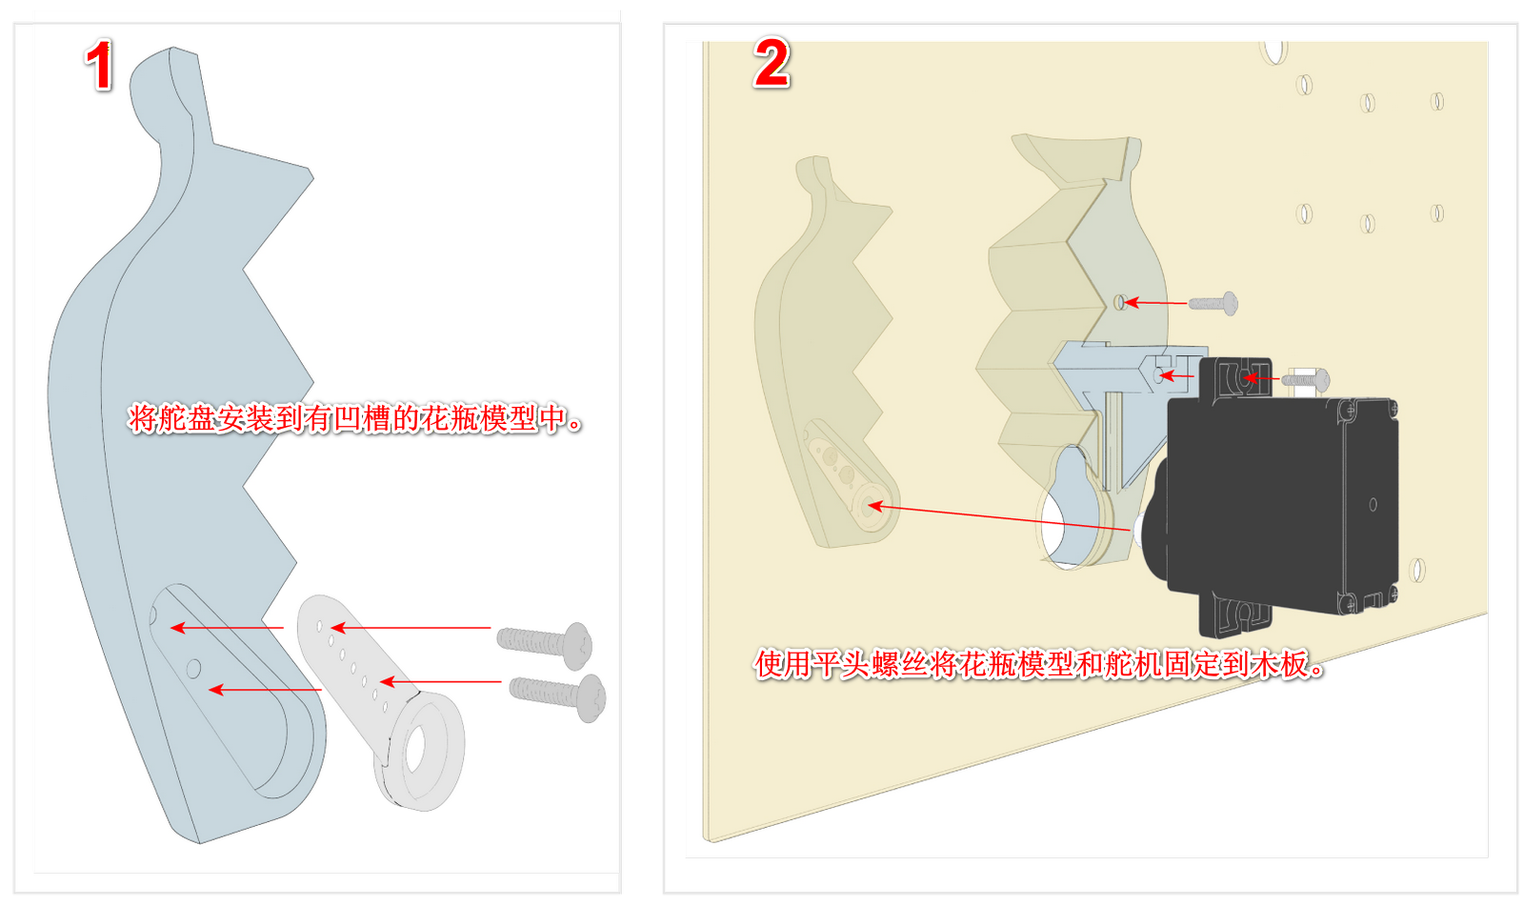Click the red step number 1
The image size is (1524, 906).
coord(99,67)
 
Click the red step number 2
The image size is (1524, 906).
coord(772,63)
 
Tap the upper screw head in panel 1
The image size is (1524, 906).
coord(578,644)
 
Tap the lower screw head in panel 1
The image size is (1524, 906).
coord(592,697)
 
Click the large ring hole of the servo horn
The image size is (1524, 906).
coord(416,753)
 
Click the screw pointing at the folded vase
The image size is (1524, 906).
coord(1215,304)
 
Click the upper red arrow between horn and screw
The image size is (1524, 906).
coord(410,628)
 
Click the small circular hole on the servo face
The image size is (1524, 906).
coord(1373,504)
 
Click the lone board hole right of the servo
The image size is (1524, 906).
coord(1416,570)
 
